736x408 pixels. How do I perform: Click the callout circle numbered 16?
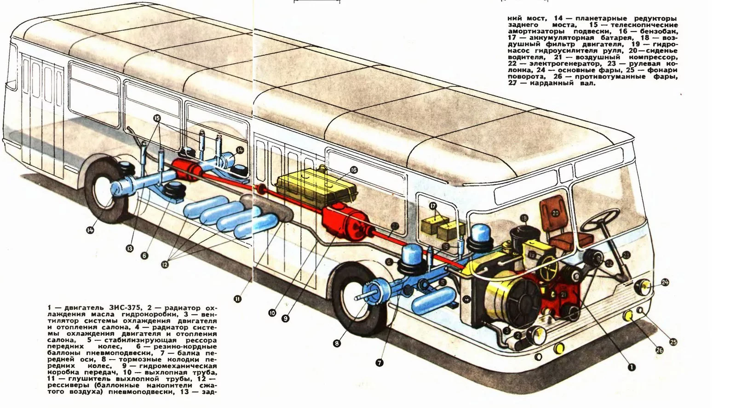click(x=353, y=170)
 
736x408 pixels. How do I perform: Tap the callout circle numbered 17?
click(x=433, y=206)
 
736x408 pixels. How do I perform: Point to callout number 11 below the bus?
click(x=237, y=299)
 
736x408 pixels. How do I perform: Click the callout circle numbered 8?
click(x=337, y=343)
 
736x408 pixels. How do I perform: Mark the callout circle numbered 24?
click(x=665, y=282)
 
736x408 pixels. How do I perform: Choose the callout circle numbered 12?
click(x=165, y=264)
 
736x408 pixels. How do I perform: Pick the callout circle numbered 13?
click(x=130, y=249)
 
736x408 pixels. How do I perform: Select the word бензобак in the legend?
click(x=662, y=31)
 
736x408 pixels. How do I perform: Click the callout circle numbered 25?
click(x=673, y=342)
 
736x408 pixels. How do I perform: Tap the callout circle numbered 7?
click(x=379, y=363)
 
